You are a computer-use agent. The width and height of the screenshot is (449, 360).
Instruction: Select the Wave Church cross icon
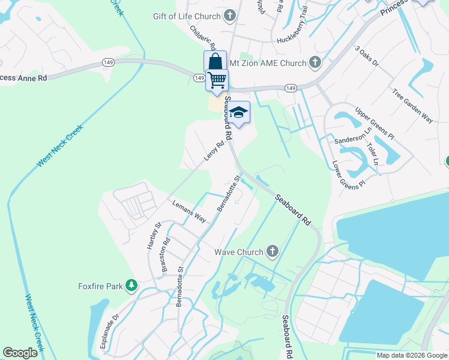tap(273, 251)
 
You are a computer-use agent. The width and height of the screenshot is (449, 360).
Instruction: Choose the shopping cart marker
tap(217, 80)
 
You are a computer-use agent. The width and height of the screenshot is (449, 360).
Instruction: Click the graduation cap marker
tap(238, 113)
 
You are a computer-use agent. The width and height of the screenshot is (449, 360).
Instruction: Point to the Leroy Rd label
tap(214, 149)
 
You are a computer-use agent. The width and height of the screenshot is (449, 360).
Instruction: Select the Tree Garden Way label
tap(412, 106)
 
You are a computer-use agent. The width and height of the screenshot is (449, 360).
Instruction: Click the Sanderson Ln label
tap(349, 139)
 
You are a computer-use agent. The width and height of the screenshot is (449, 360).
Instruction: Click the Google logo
tap(20, 353)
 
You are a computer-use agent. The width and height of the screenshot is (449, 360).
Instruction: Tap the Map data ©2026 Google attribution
tap(411, 355)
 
